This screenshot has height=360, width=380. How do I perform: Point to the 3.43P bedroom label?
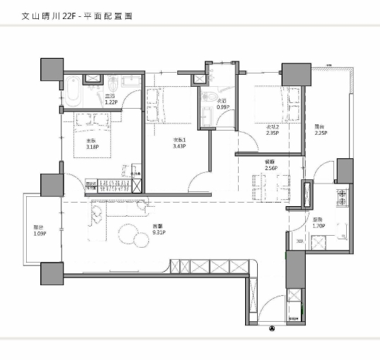[179, 143]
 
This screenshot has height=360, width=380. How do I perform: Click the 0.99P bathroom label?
[222, 104]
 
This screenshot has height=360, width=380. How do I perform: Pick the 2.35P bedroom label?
[272, 130]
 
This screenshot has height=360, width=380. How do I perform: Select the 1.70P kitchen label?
[318, 224]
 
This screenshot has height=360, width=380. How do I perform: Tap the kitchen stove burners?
[342, 200]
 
